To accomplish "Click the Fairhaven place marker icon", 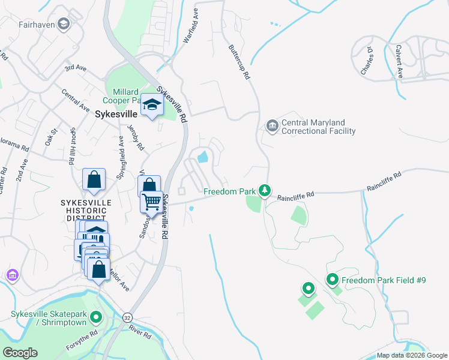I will coord(64,25).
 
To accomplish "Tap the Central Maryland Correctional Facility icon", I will coord(272,126).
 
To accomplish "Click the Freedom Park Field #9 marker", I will coord(332,280).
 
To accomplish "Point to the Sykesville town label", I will coord(116,113).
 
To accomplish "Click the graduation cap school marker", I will coord(152,107).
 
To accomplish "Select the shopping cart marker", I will coord(152,202).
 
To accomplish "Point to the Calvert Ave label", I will coord(399,62).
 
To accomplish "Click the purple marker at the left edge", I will coord(12,275).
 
